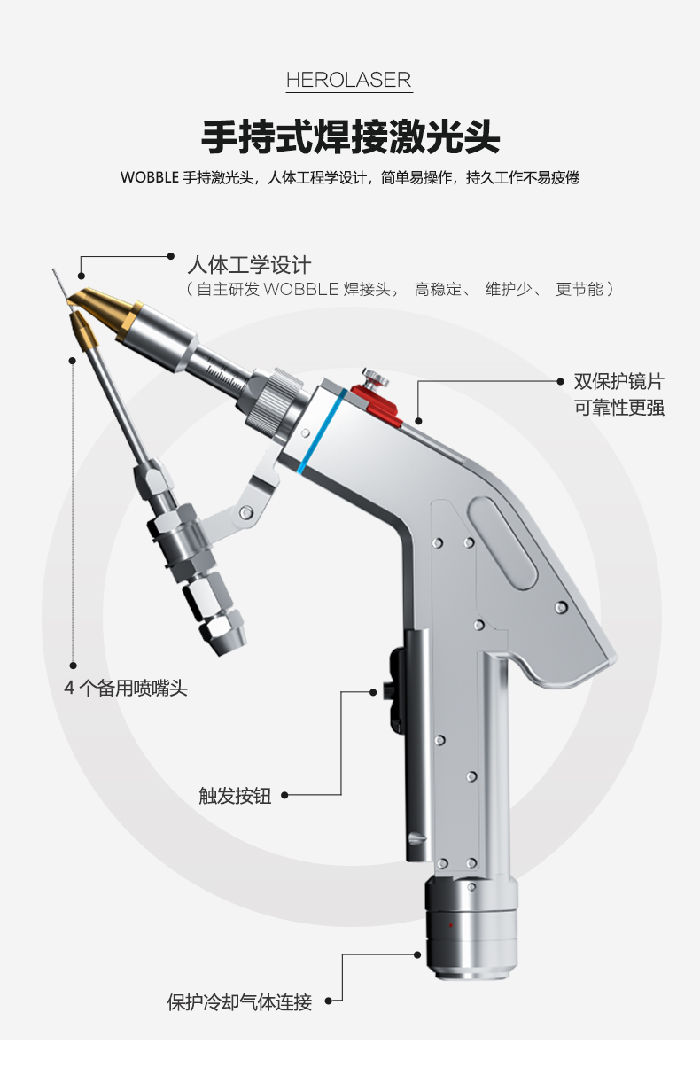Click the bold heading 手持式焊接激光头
click(351, 137)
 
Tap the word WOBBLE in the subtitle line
click(150, 177)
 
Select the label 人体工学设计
click(249, 265)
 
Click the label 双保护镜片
click(618, 382)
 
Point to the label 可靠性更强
click(618, 408)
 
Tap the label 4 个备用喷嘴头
click(126, 688)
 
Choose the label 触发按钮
click(235, 796)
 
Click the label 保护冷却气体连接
click(239, 1002)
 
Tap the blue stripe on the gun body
click(322, 431)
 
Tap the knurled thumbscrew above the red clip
click(375, 378)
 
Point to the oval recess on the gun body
click(502, 542)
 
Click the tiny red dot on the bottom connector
click(450, 925)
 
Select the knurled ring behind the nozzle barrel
click(271, 398)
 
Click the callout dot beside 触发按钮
click(284, 795)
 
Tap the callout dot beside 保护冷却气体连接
click(328, 1001)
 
